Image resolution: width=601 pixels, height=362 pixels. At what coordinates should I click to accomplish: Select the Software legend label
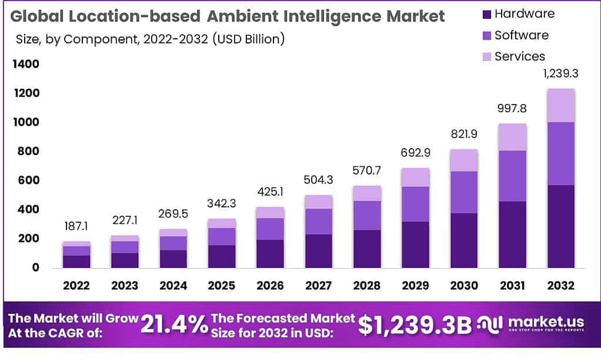point(521,35)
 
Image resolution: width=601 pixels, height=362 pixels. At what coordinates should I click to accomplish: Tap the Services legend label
point(520,56)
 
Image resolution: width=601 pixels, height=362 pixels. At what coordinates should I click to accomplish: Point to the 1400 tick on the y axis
point(26,63)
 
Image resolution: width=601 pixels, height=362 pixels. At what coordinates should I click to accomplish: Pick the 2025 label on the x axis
point(221,286)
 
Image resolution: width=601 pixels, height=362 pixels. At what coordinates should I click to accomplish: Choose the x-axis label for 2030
point(463,286)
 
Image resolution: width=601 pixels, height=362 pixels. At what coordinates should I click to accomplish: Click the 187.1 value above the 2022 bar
point(76,226)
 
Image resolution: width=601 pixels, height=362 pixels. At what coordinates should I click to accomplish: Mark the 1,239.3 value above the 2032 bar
point(560,75)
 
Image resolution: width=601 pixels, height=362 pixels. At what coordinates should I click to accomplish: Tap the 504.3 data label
point(318,180)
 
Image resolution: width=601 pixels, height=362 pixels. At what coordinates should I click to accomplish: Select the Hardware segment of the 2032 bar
point(560,226)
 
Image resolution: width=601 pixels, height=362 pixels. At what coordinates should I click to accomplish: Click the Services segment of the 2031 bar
point(512,137)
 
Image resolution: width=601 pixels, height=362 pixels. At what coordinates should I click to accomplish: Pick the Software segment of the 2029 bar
point(415,204)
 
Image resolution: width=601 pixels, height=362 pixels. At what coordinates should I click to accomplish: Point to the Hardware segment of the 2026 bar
point(270,253)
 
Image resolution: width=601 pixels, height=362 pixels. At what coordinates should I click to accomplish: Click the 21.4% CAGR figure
point(174,325)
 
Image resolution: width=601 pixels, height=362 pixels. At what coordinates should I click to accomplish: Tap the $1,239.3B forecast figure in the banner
point(415,325)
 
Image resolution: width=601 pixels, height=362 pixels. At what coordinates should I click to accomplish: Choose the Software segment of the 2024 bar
point(173,243)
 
